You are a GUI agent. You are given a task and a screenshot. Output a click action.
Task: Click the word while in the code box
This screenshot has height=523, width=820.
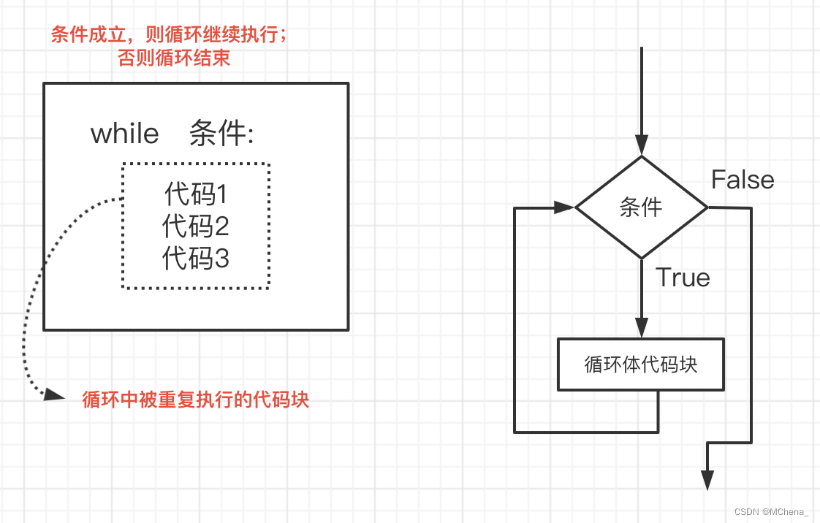(124, 134)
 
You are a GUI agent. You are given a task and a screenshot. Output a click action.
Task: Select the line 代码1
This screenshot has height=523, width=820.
(196, 194)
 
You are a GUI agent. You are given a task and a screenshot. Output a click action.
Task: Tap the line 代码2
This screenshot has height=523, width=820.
(196, 226)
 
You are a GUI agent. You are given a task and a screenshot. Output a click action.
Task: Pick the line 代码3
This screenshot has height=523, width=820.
(196, 259)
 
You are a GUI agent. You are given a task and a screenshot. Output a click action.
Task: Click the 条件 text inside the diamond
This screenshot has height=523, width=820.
(641, 207)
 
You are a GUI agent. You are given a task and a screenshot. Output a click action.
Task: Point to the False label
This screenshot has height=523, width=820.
(743, 180)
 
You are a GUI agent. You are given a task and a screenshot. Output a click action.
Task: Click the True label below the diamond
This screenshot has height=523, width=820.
(683, 278)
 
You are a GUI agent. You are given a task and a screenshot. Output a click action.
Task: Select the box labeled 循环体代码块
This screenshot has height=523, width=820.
(641, 364)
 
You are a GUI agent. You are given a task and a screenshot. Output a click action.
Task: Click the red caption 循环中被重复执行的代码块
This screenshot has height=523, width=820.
(196, 400)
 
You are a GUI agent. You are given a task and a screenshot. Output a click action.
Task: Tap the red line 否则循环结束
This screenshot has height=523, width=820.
(174, 58)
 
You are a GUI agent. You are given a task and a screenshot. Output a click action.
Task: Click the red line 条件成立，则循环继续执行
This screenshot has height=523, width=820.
(169, 35)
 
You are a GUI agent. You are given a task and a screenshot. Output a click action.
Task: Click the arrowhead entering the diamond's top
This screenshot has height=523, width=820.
(642, 147)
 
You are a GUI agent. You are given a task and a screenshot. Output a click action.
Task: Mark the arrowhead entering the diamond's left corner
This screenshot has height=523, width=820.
(564, 207)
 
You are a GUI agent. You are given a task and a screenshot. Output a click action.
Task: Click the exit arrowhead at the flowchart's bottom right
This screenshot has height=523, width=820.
(707, 479)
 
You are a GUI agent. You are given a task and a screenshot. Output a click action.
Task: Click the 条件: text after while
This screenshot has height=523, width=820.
(221, 134)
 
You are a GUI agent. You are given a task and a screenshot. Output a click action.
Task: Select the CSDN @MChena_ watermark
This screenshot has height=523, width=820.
(776, 511)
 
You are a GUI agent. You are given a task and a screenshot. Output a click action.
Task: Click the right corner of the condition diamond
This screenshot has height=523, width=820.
(707, 208)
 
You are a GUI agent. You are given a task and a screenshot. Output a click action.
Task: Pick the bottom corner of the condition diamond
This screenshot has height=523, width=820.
(642, 258)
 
